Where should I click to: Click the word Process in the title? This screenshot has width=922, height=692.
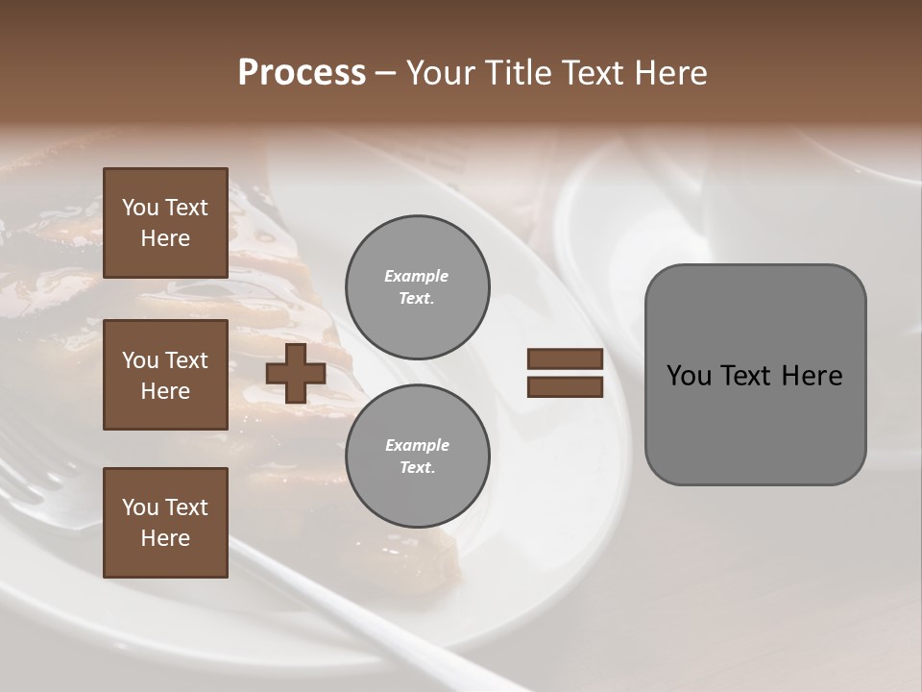coord(302,73)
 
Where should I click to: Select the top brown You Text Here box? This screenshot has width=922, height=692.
coord(165,223)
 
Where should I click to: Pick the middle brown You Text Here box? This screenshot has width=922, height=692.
coord(165,375)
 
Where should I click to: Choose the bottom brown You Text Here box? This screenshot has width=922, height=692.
coord(165,523)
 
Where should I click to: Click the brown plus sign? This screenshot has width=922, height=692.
coord(296,374)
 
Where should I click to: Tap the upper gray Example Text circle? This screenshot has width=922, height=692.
coord(417,287)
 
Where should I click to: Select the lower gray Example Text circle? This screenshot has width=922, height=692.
coord(417,457)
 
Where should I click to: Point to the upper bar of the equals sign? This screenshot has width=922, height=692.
coord(565,359)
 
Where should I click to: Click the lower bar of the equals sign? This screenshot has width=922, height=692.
coord(565,386)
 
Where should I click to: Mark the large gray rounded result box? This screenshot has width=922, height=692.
coord(755,374)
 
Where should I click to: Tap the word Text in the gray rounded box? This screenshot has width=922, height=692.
coord(747,376)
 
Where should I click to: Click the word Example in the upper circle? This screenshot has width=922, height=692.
coord(417,276)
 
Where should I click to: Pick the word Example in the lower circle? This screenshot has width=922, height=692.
coord(417,445)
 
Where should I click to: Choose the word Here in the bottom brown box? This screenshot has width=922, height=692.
coord(165,538)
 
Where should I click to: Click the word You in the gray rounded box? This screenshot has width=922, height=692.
coord(690,376)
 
